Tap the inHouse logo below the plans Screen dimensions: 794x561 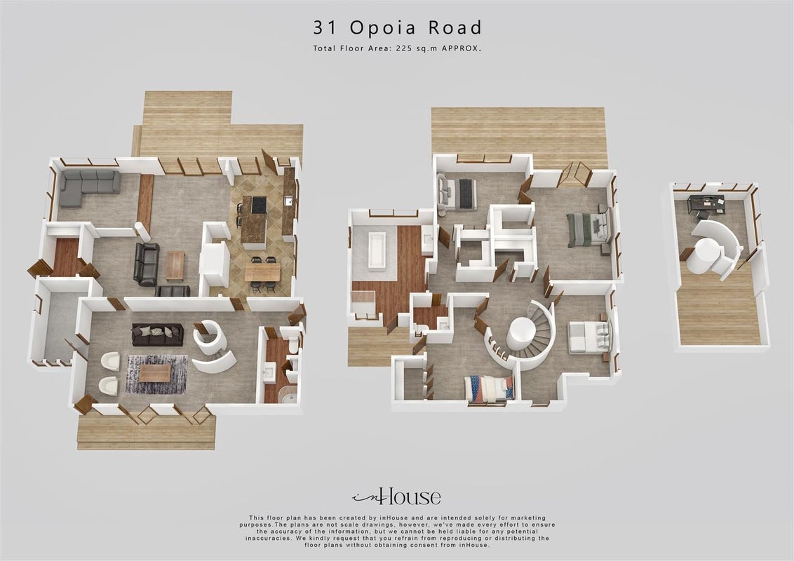point(396,496)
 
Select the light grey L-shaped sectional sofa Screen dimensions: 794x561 point(89,187)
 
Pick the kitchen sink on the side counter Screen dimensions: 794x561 point(288,201)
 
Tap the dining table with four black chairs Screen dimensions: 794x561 point(262,273)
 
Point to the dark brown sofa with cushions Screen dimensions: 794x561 point(158,334)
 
